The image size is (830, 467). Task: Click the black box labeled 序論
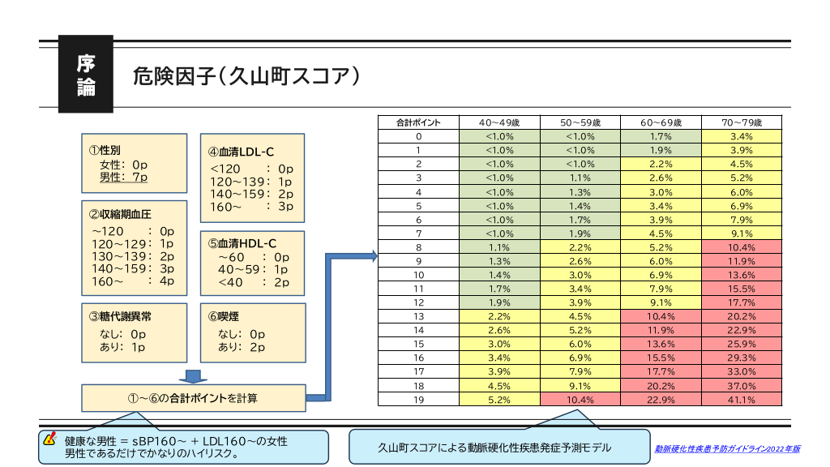[x=85, y=74]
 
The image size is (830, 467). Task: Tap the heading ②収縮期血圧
[x=120, y=215]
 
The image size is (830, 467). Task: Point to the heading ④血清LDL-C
[x=242, y=152]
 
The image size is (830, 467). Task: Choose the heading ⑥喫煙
[x=223, y=317]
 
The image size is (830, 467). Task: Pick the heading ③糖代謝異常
[x=120, y=317]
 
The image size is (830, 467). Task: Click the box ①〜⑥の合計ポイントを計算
[x=193, y=397]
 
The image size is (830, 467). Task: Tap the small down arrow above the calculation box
[x=193, y=376]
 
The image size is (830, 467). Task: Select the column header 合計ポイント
[x=418, y=122]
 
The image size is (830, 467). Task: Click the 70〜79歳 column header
[x=741, y=122]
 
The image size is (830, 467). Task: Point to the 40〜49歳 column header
[x=499, y=122]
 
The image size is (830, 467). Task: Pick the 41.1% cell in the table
[x=741, y=400]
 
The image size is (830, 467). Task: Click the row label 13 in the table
[x=418, y=316]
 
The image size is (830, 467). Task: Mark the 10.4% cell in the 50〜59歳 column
[x=580, y=400]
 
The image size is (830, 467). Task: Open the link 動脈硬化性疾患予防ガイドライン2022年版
[x=727, y=448]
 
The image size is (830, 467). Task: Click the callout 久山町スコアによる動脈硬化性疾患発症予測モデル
[x=499, y=447]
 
